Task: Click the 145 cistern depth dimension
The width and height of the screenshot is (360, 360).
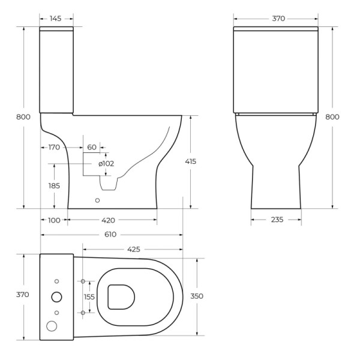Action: [56, 19]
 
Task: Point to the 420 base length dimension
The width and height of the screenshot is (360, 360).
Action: [109, 220]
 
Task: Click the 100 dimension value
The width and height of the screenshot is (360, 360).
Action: [54, 220]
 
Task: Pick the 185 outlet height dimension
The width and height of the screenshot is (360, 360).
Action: [54, 186]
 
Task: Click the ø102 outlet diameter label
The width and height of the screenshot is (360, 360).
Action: [106, 163]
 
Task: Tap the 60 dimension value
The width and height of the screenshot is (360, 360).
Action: [92, 147]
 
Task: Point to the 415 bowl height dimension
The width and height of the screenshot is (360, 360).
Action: [191, 161]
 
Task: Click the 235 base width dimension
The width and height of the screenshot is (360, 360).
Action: [276, 220]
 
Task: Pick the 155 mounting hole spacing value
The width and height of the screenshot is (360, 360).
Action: [89, 296]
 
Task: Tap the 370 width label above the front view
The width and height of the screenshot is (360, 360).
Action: [278, 19]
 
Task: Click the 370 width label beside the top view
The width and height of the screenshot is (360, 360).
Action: [22, 295]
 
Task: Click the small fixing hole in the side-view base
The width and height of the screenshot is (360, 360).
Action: [97, 200]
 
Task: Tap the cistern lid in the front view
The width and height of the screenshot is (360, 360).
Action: [275, 29]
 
